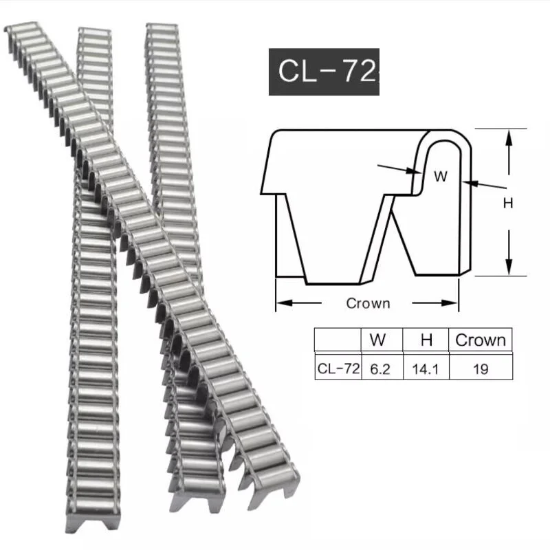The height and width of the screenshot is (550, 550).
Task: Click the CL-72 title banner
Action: pyautogui.click(x=323, y=71)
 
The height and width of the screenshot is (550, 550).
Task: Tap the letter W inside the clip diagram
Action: pyautogui.click(x=441, y=176)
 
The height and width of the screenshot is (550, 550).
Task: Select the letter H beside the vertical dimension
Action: pyautogui.click(x=509, y=203)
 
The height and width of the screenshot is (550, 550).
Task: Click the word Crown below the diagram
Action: pyautogui.click(x=368, y=303)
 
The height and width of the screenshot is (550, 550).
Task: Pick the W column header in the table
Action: pyautogui.click(x=377, y=340)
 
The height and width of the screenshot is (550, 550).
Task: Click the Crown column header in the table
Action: pyautogui.click(x=481, y=340)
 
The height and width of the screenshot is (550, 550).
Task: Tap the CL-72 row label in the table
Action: pyautogui.click(x=338, y=368)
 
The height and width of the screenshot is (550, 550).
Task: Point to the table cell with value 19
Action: pyautogui.click(x=481, y=368)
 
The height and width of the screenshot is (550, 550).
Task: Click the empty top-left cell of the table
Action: pyautogui.click(x=338, y=340)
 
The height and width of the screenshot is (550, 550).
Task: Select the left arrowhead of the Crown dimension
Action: pyautogui.click(x=282, y=302)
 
